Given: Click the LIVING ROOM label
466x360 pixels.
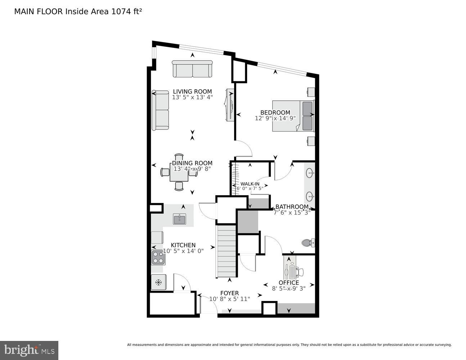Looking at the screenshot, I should [x=192, y=91].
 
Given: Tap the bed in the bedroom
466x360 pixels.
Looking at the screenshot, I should [x=293, y=116].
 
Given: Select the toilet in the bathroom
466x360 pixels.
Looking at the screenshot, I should [x=307, y=243].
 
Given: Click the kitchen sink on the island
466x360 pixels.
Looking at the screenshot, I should [x=179, y=219].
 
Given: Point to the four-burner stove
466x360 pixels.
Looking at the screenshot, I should [x=157, y=257].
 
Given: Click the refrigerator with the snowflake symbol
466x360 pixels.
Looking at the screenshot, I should [x=158, y=282].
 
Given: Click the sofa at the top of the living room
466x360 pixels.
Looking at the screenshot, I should [x=192, y=69].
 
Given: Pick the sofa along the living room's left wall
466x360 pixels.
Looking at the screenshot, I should [x=160, y=110].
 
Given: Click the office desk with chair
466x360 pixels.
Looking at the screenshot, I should [x=292, y=268].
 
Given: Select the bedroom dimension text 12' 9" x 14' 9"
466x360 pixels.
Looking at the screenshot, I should [x=275, y=118].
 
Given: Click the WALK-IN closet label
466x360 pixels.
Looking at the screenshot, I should [x=250, y=184].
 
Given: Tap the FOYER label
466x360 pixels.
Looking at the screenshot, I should [x=229, y=293].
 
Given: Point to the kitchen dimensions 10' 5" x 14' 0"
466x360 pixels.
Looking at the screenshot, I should [x=183, y=251].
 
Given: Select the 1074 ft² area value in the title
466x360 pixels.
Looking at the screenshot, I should [x=126, y=11].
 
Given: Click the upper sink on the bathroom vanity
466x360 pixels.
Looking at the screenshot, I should [x=310, y=174].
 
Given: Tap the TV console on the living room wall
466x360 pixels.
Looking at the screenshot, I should [x=229, y=105].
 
